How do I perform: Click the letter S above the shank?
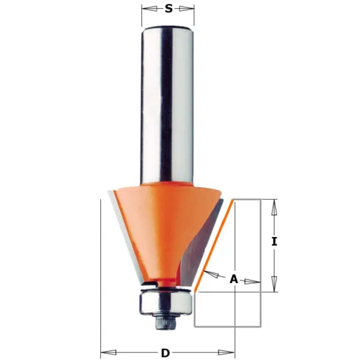coord(169,9)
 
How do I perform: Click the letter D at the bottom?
coord(165,353)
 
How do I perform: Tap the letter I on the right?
coord(274,242)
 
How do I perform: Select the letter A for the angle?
coord(234,279)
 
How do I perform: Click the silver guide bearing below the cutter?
coord(166,303)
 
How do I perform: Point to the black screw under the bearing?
coord(166,323)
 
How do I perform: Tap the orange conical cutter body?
coord(161,230)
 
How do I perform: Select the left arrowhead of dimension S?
coord(149,9)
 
